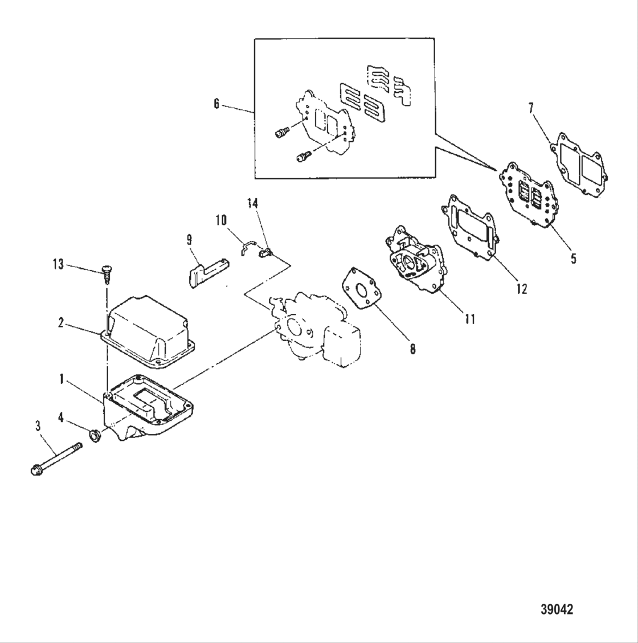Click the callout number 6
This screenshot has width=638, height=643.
216,105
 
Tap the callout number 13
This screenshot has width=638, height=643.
58,265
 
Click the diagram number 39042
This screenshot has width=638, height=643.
557,609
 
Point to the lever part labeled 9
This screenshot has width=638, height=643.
206,269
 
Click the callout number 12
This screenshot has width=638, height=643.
522,289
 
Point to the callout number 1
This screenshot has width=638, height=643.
60,378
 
